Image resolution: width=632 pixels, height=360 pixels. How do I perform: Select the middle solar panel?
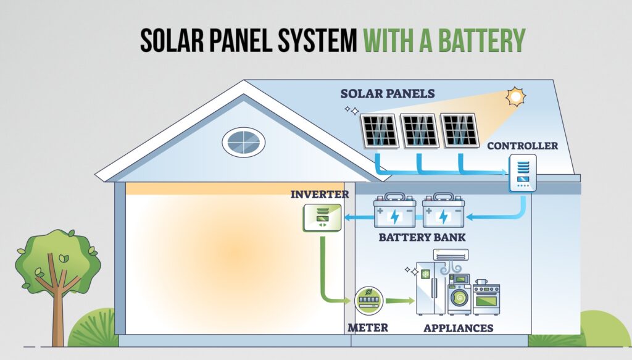point(418,130)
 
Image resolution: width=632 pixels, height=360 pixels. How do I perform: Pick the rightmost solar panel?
point(459,130)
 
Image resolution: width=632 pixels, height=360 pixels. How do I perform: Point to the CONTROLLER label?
point(522,146)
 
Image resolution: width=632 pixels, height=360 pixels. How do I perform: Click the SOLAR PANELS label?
point(388,94)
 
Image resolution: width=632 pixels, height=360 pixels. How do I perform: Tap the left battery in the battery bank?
point(395,213)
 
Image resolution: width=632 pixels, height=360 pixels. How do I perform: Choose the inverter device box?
point(321,217)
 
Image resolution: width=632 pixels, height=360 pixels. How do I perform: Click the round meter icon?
point(370,301)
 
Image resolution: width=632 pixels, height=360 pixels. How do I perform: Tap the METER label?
point(368,327)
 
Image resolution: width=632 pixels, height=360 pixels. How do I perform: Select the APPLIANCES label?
point(459,327)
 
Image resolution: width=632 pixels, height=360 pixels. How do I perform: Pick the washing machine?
point(459,299)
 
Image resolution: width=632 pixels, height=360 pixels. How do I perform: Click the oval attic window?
point(244,142)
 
